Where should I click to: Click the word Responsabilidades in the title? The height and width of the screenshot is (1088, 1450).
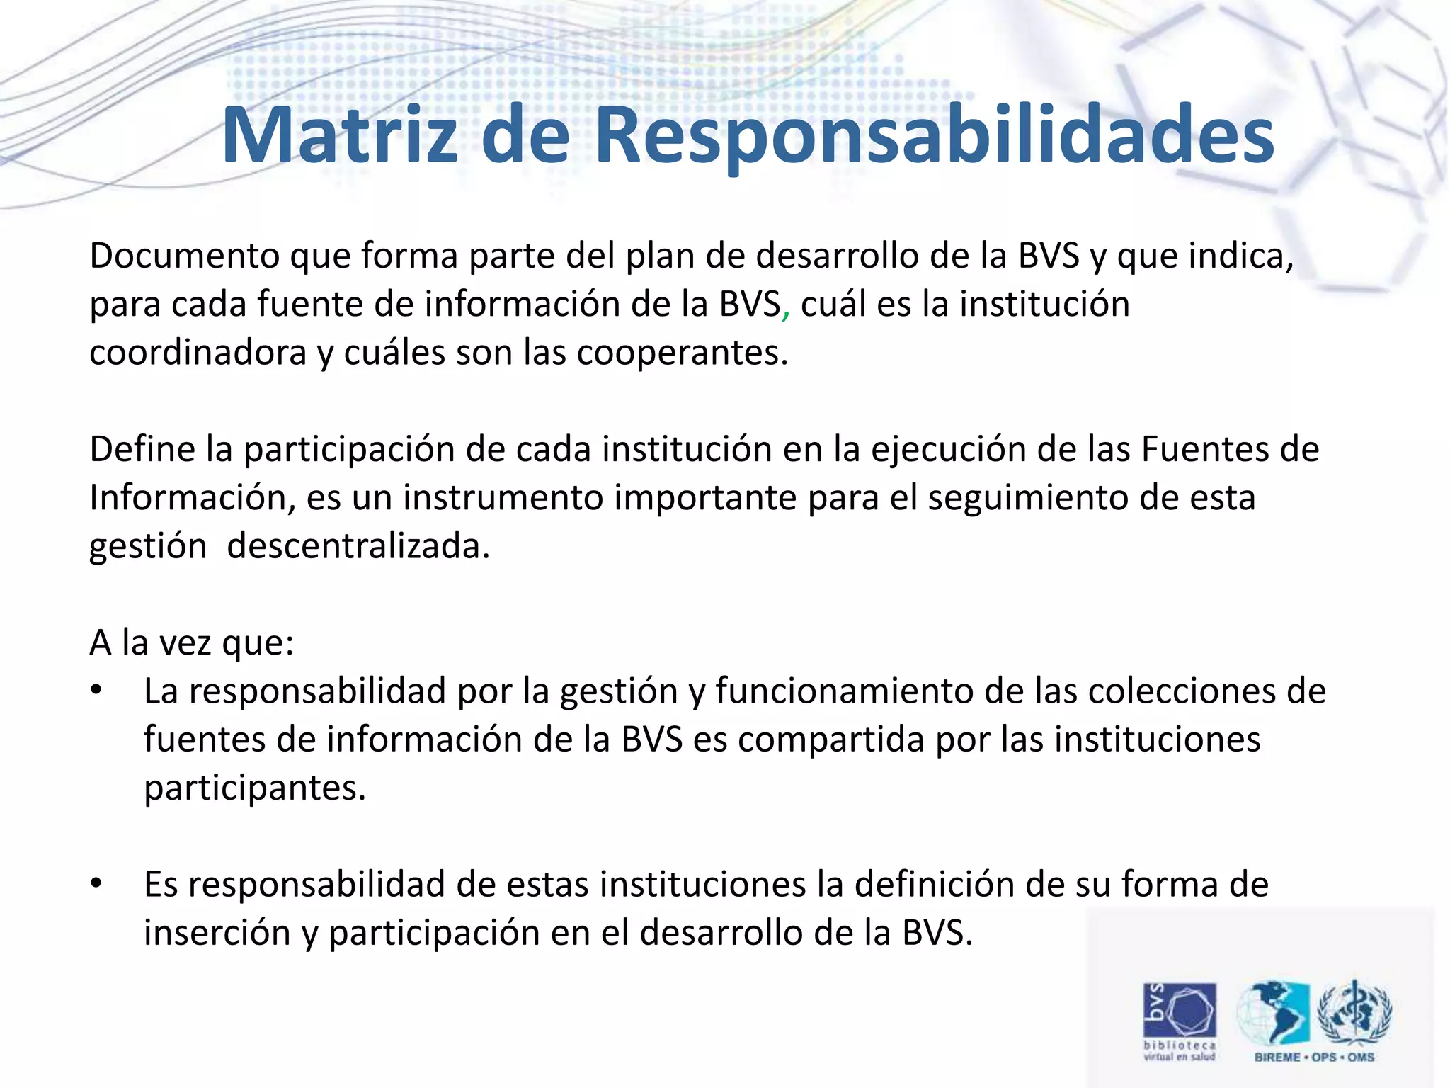point(935,136)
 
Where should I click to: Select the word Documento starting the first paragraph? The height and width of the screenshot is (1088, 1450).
point(184,256)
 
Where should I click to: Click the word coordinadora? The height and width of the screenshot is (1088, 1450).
point(198,353)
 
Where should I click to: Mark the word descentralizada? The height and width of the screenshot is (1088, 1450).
point(358,546)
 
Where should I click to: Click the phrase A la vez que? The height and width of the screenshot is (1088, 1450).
point(191,643)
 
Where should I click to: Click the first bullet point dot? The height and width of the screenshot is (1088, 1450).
point(97,691)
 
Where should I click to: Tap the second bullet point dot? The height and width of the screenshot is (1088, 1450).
point(97,884)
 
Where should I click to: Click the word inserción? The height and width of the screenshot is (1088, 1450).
point(217,933)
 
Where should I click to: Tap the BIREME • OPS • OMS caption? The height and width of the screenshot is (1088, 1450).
point(1314,1057)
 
